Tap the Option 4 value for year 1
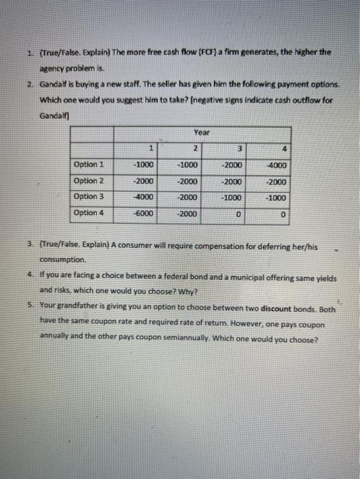(x=143, y=213)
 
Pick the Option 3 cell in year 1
(x=143, y=196)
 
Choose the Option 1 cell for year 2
(x=188, y=165)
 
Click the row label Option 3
(x=90, y=196)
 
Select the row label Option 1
(x=90, y=164)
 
